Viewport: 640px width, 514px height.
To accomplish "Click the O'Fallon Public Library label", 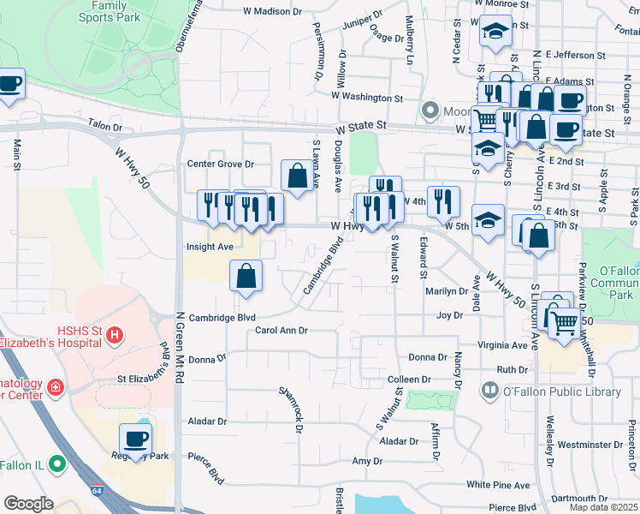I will pyautogui.click(x=562, y=392).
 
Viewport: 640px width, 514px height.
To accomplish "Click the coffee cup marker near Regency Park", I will pyautogui.click(x=135, y=439).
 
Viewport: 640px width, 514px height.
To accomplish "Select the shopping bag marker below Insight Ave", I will pyautogui.click(x=246, y=276).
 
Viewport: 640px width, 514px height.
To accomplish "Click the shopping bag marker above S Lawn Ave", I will pyautogui.click(x=296, y=176).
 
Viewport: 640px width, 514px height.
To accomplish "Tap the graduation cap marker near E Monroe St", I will pyautogui.click(x=494, y=33).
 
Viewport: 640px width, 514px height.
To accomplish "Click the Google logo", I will pyautogui.click(x=29, y=504).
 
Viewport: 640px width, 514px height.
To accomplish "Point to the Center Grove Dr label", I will pyautogui.click(x=222, y=164).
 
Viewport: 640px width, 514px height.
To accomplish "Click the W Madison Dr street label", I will pyautogui.click(x=273, y=11).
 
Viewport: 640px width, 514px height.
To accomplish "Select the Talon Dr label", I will pyautogui.click(x=106, y=127).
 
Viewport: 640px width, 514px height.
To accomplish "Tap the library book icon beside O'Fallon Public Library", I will pyautogui.click(x=490, y=391).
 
